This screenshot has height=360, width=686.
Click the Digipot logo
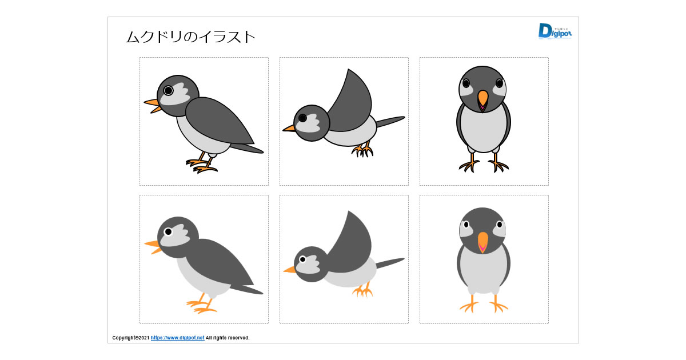tap(555, 31)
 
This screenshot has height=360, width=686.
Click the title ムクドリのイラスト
tap(190, 37)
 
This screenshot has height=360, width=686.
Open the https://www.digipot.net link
tap(177, 338)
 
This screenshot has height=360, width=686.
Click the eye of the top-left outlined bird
tap(168, 91)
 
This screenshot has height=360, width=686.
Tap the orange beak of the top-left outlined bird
tap(153, 106)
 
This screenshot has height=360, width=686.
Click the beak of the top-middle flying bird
tap(289, 128)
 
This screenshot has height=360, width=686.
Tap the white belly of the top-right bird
tap(483, 129)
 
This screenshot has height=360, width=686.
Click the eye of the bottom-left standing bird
tap(168, 232)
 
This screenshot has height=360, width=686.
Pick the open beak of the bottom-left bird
tap(153, 247)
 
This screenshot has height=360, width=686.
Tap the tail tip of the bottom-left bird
tap(261, 293)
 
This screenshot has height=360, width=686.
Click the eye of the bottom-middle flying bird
tap(302, 259)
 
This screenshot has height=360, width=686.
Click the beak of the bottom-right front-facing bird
tap(482, 242)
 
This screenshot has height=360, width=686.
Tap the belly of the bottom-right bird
tap(483, 271)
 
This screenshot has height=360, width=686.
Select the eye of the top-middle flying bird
tap(302, 118)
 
